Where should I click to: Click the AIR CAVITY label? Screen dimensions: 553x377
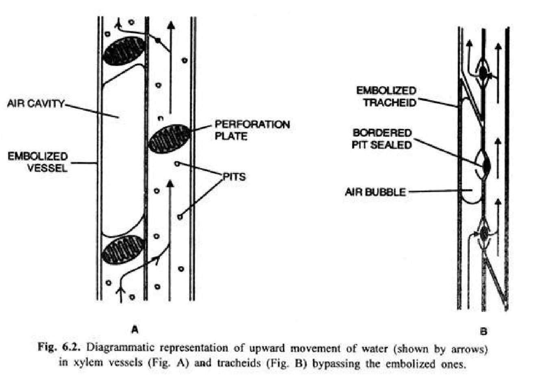[x=36, y=103]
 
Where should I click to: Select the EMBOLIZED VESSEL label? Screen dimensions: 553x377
[x=38, y=162]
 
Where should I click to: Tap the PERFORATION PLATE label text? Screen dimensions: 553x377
[x=252, y=130]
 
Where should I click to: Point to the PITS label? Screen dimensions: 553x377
[x=234, y=177]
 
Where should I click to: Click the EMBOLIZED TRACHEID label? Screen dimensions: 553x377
[x=386, y=96]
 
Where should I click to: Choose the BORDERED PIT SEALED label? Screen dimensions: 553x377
[x=382, y=139]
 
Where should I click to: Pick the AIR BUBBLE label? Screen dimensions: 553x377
[x=375, y=192]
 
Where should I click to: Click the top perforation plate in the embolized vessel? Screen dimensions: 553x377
[x=124, y=51]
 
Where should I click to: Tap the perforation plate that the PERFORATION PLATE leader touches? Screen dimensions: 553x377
[x=169, y=139]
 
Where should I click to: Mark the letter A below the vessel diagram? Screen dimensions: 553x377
[x=135, y=329]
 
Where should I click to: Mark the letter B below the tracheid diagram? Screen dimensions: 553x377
[x=483, y=331]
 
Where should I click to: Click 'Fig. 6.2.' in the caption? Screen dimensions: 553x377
[x=59, y=347]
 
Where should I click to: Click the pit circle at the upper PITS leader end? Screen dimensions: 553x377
[x=177, y=163]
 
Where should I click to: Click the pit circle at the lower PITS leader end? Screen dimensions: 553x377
[x=180, y=217]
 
